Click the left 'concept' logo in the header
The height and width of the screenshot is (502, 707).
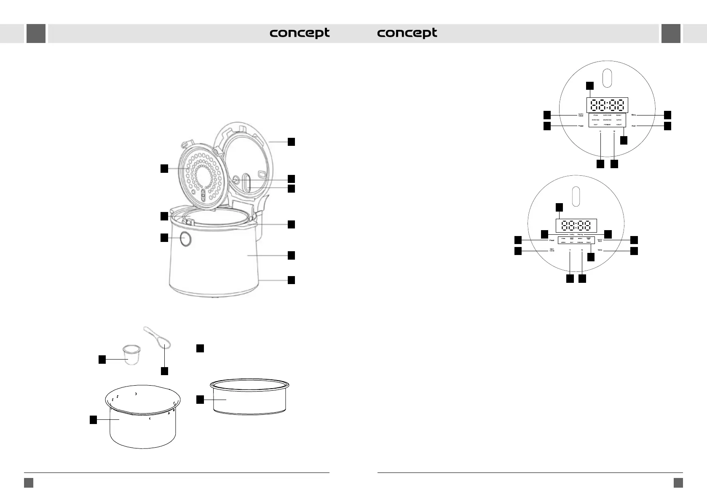[300, 33]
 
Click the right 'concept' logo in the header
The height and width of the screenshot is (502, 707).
[407, 33]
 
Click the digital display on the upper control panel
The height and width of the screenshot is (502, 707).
[607, 105]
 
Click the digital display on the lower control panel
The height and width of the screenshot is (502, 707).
[576, 225]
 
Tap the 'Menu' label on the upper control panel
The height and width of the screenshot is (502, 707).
[634, 114]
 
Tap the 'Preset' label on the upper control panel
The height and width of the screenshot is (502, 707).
[580, 126]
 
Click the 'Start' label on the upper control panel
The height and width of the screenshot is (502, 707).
[634, 126]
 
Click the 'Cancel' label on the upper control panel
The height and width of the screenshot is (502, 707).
[580, 115]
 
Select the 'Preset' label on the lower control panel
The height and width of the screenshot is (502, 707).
[551, 240]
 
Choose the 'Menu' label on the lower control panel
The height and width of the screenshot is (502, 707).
[600, 250]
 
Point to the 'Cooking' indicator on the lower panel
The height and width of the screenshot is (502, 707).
[571, 234]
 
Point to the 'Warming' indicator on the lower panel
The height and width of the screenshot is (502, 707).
[580, 234]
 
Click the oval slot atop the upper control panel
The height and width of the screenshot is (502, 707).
[607, 78]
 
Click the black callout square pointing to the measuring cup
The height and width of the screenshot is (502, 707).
[102, 360]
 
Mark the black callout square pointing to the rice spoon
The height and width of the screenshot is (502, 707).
[164, 371]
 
